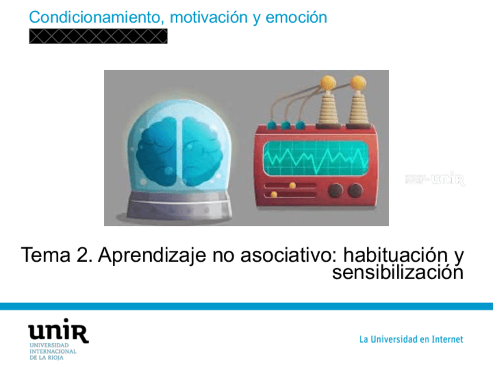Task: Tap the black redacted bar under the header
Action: (98, 37)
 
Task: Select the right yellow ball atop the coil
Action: (357, 83)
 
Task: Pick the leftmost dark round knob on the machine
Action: (335, 190)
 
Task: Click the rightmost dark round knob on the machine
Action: (355, 190)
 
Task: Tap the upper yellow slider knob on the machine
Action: (292, 186)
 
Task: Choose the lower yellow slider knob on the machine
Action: (274, 194)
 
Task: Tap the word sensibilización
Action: (398, 272)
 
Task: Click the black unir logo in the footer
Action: (58, 333)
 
